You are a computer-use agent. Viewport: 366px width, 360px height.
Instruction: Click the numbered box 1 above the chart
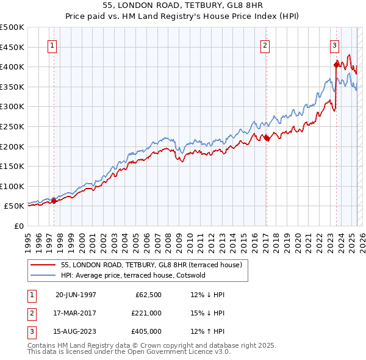click(x=52, y=45)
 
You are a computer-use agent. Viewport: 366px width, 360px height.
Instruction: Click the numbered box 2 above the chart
click(x=265, y=45)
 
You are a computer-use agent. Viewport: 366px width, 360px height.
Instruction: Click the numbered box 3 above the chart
click(x=335, y=45)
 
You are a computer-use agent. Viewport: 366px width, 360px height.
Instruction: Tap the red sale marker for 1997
click(x=54, y=200)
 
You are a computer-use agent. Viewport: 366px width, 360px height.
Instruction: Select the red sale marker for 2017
click(x=267, y=138)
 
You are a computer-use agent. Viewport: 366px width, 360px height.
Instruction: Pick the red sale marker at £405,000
click(x=336, y=64)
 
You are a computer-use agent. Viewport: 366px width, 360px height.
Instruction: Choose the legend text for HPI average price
click(x=133, y=275)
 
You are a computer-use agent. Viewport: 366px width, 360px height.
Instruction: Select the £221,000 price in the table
click(x=146, y=313)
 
